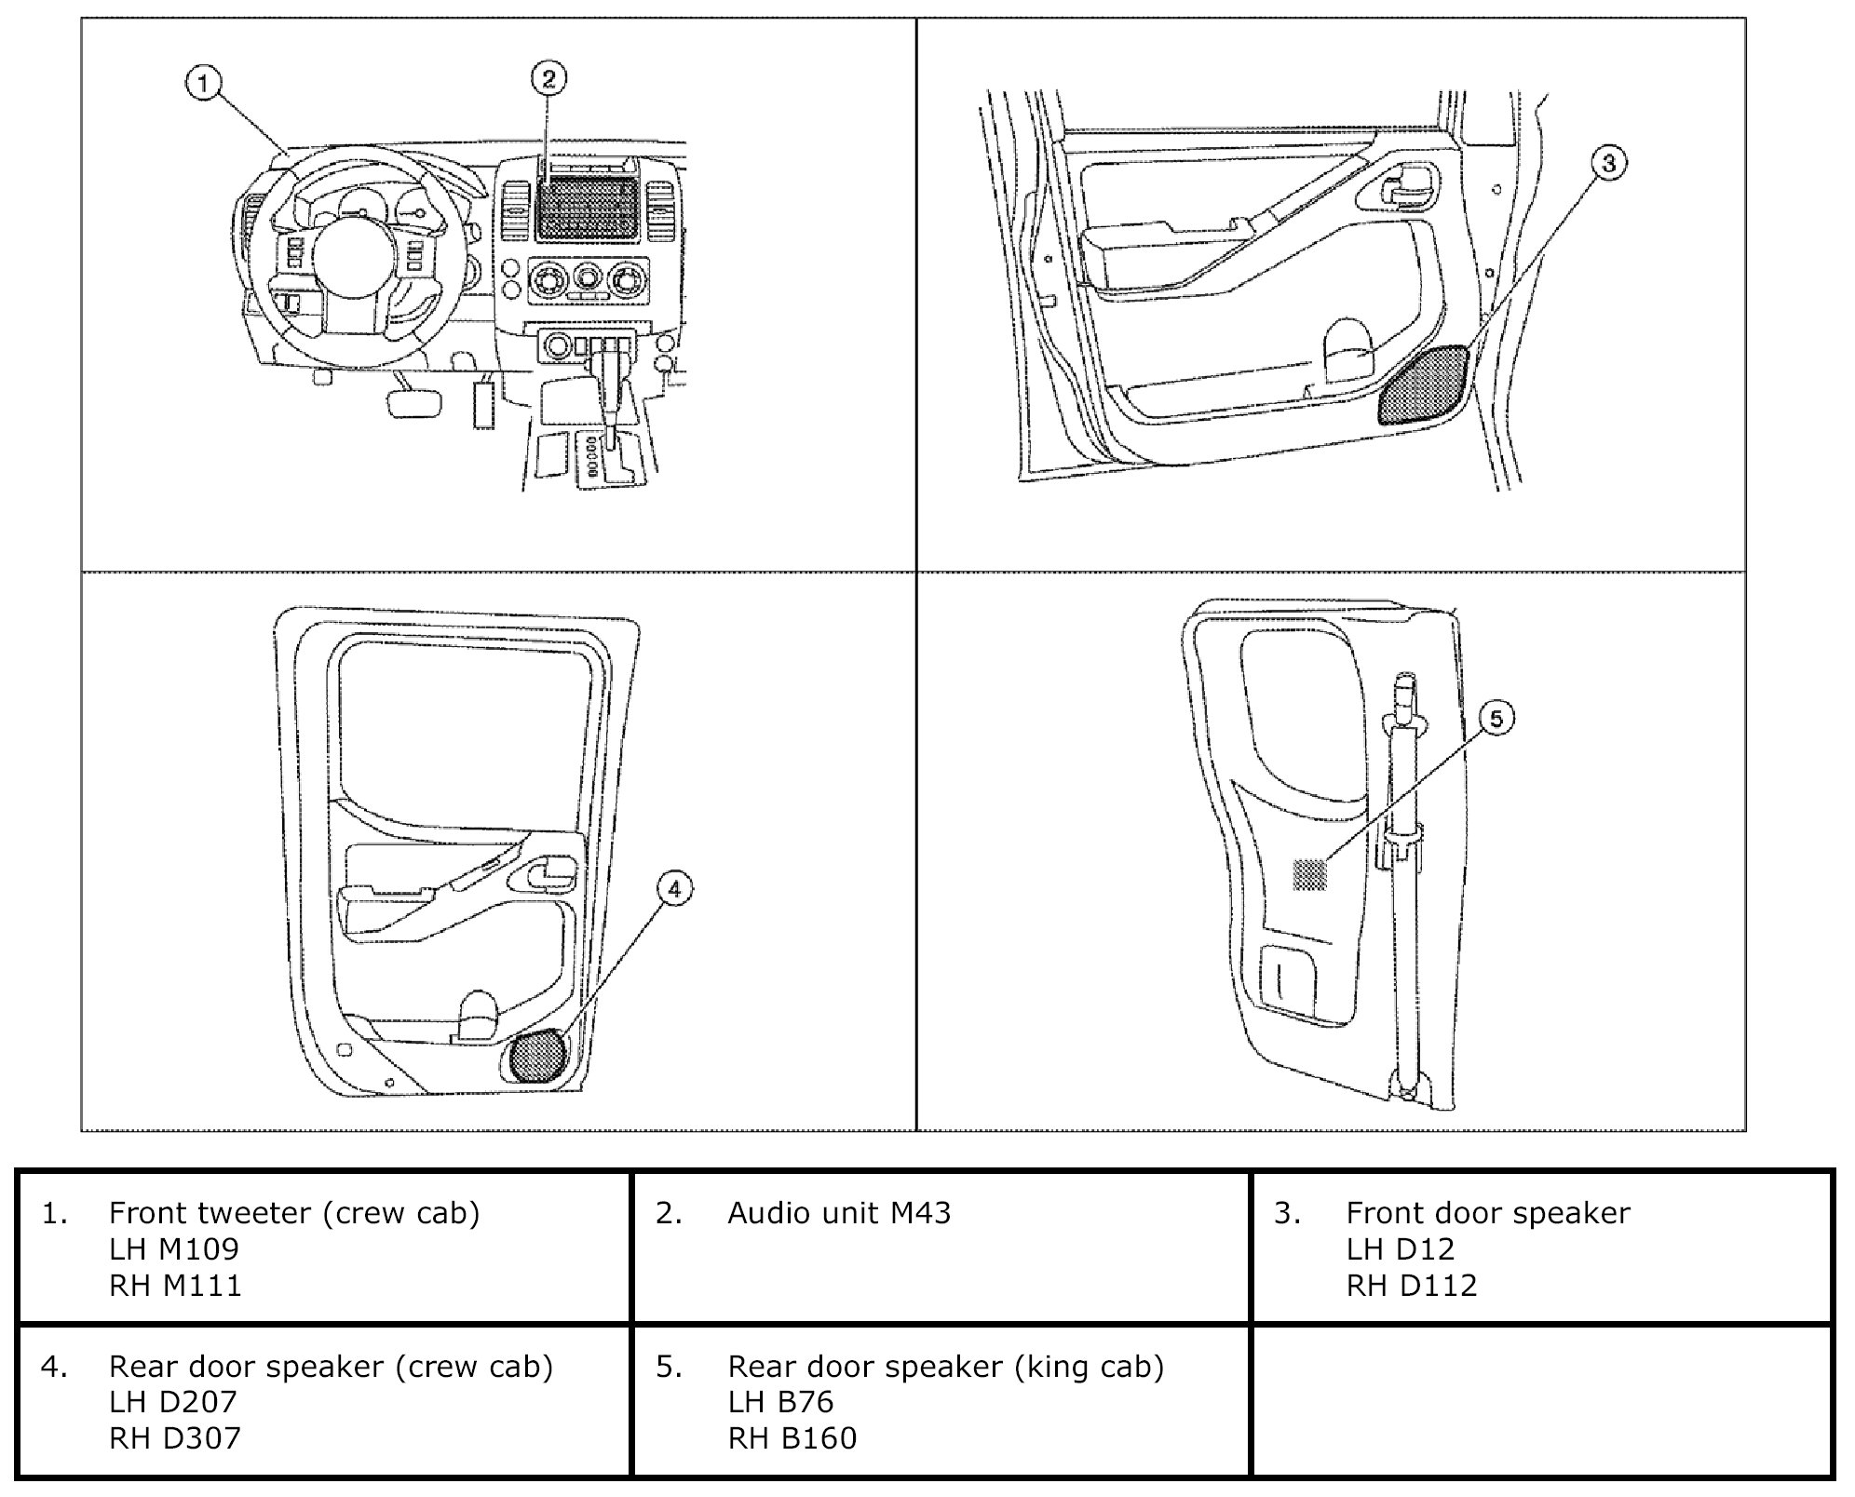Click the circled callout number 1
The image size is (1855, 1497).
pos(203,84)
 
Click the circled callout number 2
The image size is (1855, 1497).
pos(548,78)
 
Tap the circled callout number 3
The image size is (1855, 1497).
pos(1608,164)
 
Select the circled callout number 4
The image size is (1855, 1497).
pos(674,889)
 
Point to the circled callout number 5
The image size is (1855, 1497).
pos(1496,718)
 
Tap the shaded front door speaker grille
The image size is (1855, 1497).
pos(1425,384)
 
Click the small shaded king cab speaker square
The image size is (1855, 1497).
pos(1309,874)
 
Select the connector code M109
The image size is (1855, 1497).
pos(200,1249)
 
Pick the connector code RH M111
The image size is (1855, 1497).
pos(175,1286)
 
